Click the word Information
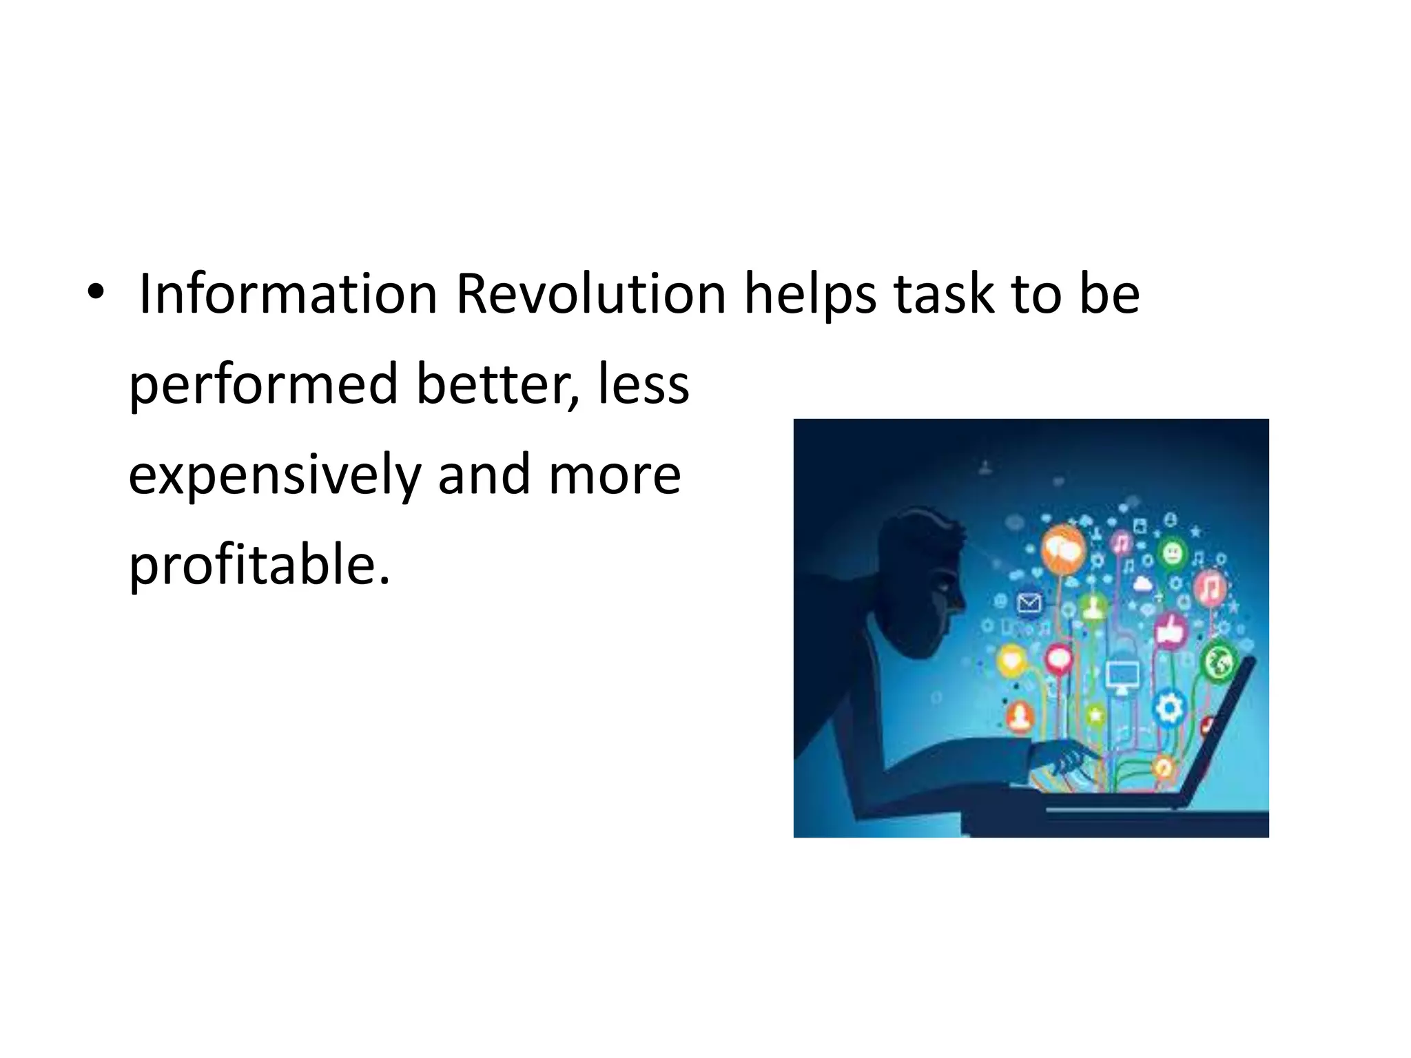coord(288,294)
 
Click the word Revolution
coord(590,294)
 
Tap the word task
coord(944,294)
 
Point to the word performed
coord(263,386)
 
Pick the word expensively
coord(274,477)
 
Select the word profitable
coord(259,566)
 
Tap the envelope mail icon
coord(1029,604)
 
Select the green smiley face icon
coord(1172,553)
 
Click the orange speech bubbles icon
coord(1063,549)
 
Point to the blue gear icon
coord(1168,708)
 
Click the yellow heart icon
coord(1011,661)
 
